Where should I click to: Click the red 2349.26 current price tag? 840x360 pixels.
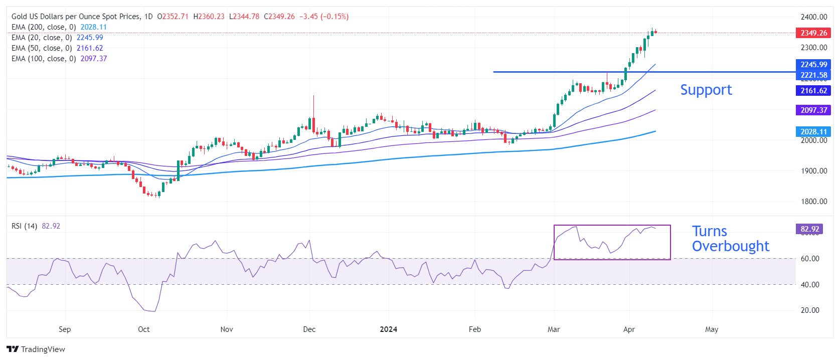point(813,33)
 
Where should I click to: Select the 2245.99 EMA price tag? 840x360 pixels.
point(813,65)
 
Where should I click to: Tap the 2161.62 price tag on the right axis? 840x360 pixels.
point(813,91)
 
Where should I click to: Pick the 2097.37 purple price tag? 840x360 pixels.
point(813,110)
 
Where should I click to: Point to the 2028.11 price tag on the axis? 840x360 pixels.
point(813,132)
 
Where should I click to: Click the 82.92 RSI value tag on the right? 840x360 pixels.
point(809,229)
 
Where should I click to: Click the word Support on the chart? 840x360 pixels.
point(706,90)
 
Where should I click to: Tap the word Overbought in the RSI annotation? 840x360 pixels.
point(730,246)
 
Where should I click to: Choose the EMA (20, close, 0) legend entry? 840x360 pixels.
point(42,38)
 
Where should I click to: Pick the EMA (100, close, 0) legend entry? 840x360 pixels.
point(44,59)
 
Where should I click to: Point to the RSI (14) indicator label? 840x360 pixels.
point(24,226)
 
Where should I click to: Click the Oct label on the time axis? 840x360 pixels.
point(144,329)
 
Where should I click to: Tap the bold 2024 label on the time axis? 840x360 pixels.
point(389,329)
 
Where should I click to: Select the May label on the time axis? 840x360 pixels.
point(712,329)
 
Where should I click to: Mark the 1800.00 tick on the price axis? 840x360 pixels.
point(813,202)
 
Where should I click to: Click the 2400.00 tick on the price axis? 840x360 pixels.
point(813,17)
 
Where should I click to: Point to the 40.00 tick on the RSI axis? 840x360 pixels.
point(810,285)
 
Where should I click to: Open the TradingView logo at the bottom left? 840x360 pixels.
point(36,349)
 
